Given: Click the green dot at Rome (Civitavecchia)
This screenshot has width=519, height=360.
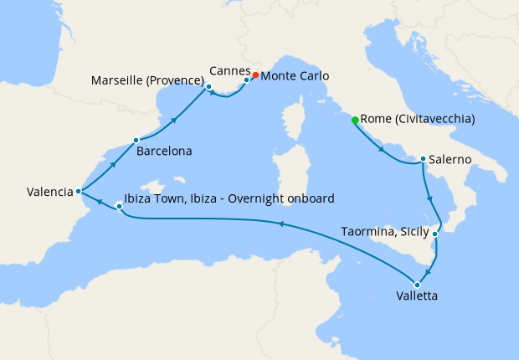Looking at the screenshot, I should [x=355, y=121].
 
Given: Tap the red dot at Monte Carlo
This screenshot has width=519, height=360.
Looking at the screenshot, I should [x=254, y=75].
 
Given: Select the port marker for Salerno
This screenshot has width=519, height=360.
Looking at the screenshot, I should [x=424, y=158].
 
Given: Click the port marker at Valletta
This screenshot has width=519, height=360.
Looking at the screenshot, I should [x=417, y=285].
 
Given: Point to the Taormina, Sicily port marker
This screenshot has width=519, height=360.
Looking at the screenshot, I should [x=434, y=237].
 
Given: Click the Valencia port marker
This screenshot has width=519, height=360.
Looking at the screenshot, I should [x=78, y=191].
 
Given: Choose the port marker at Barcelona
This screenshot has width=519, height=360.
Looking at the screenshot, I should [x=136, y=140].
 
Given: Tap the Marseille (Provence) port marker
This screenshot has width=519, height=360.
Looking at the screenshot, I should [x=208, y=86].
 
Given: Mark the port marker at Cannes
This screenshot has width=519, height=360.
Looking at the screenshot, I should [x=246, y=80].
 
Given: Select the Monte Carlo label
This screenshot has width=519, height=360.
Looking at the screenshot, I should [x=295, y=76].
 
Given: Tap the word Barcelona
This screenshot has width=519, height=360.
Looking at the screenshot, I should [x=166, y=152].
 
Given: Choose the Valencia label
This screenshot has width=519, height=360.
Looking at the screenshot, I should [x=49, y=192].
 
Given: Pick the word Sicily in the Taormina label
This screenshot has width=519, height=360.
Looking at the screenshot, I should [x=411, y=231].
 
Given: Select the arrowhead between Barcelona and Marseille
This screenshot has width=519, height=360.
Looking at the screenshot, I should [x=174, y=121].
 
